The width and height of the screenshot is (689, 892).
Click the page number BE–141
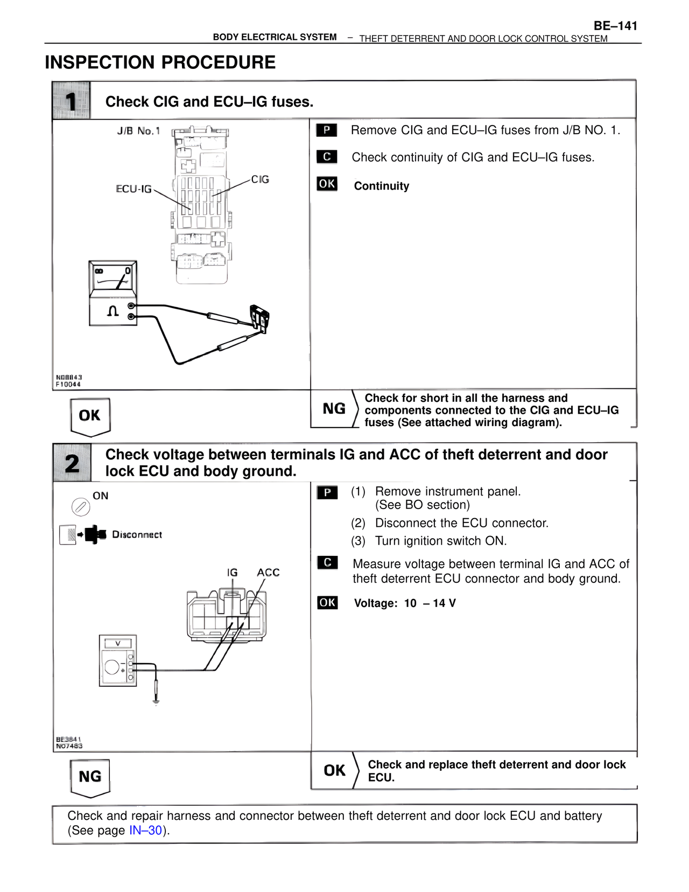click(x=615, y=26)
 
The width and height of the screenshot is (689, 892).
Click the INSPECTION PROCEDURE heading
click(x=160, y=62)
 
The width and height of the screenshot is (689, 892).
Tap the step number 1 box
click(x=71, y=101)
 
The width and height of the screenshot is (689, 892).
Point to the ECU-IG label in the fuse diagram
click(x=133, y=189)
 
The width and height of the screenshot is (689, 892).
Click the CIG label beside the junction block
click(x=260, y=179)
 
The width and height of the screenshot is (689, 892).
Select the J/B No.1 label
click(x=138, y=131)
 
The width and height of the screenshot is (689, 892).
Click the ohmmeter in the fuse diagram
click(x=113, y=293)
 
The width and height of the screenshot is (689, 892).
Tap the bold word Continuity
click(x=381, y=186)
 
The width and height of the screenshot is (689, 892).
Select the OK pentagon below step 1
click(x=90, y=416)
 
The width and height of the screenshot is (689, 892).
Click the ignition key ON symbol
click(x=81, y=506)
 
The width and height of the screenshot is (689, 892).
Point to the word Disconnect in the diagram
click(x=137, y=535)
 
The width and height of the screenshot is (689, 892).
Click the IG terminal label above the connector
click(x=232, y=573)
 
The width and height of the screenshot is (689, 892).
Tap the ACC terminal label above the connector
click(x=268, y=573)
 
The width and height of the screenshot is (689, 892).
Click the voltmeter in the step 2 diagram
click(x=117, y=660)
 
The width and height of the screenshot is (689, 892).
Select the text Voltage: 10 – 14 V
click(x=404, y=603)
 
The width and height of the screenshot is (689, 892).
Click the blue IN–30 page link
click(x=145, y=831)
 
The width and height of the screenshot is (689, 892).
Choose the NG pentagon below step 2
click(x=90, y=777)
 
